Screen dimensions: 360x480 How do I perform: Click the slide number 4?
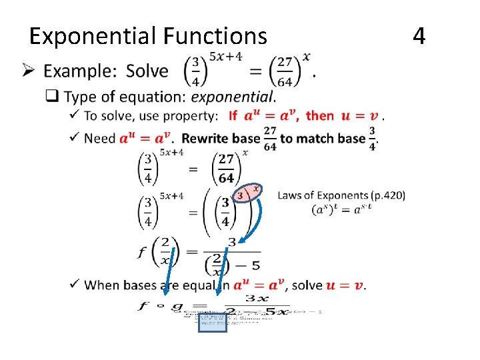419,35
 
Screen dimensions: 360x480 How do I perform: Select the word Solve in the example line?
147,71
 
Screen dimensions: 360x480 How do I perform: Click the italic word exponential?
232,97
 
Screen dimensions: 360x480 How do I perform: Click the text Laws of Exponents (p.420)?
341,195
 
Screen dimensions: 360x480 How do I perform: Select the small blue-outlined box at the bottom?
212,322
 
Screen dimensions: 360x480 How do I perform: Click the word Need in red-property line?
101,138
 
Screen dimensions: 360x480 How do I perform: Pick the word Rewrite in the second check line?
207,138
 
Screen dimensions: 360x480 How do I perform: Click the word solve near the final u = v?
307,285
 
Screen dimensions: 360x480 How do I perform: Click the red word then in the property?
320,116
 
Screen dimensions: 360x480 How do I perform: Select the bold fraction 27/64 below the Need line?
227,169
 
